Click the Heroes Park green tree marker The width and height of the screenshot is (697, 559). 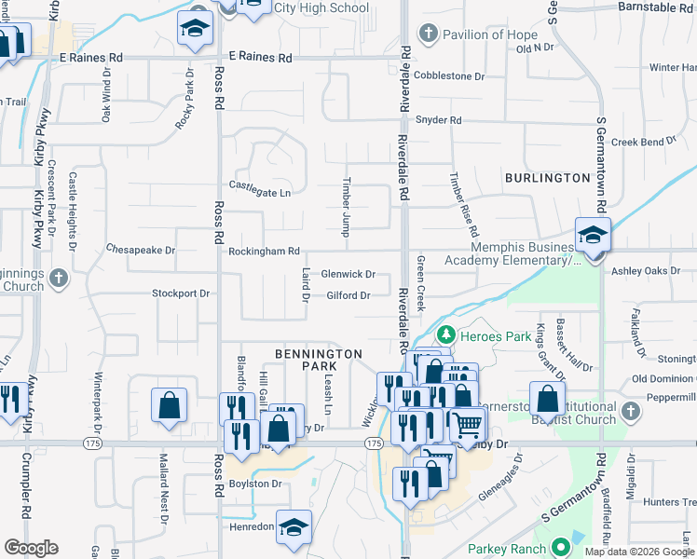[x=446, y=334]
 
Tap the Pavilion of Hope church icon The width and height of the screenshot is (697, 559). [x=428, y=34]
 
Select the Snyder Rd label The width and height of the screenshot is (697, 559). [x=438, y=120]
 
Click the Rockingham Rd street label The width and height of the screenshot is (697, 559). [x=265, y=252]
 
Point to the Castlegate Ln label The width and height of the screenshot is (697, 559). [x=260, y=190]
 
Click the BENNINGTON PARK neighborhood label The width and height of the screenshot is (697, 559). [x=318, y=360]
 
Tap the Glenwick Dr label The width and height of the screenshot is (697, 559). [x=348, y=274]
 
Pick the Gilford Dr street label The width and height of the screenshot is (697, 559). [x=348, y=296]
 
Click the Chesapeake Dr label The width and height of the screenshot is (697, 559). [x=141, y=250]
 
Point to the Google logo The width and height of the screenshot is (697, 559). [x=31, y=547]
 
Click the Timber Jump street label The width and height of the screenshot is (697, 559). [x=347, y=206]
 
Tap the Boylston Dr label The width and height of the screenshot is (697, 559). [x=255, y=484]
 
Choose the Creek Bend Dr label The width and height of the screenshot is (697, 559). [x=644, y=142]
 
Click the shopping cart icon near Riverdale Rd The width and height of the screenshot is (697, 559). [x=467, y=424]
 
